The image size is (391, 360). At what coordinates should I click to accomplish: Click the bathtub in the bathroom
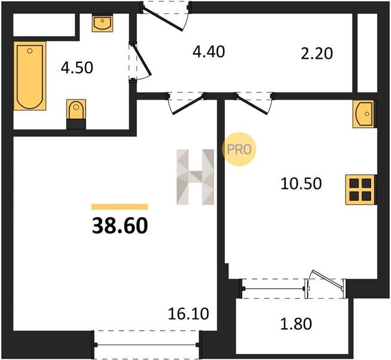pos(30,76)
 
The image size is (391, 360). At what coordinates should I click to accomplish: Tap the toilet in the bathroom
pos(76,114)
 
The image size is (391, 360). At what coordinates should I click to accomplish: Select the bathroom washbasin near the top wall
pos(102,23)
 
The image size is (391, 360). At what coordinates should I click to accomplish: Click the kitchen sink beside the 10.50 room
pos(363,114)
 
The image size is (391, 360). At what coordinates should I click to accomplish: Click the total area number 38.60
pos(120,226)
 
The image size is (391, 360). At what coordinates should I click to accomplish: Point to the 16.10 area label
pos(188,314)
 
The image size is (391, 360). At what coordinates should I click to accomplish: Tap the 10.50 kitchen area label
pos(301,184)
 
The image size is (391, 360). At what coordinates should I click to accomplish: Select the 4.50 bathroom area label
pos(77,68)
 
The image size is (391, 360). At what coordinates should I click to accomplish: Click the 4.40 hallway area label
pos(209,52)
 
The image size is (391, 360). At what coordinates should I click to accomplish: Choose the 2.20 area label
pos(317,53)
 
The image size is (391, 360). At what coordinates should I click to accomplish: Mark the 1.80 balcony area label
pos(296,324)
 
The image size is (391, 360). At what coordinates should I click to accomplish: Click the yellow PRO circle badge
pos(239,149)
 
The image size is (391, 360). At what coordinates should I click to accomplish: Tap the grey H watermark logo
pos(195,177)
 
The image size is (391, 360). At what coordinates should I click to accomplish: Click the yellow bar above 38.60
pos(120,206)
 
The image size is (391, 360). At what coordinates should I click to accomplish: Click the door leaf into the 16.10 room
pos(188,105)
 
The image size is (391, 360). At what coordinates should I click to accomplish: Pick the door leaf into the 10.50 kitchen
pos(252,105)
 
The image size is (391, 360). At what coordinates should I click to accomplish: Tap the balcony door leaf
pos(328,280)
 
